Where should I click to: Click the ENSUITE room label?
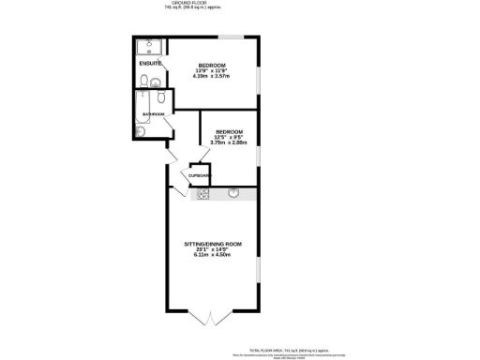[149, 63]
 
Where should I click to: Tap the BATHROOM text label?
[153, 114]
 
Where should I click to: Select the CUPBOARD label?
[200, 175]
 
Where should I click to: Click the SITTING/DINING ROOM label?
[213, 244]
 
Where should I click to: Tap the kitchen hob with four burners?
[202, 194]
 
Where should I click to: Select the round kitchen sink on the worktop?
[234, 194]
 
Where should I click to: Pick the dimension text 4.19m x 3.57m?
[212, 76]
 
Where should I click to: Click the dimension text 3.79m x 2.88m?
[229, 142]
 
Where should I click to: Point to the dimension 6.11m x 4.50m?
[213, 255]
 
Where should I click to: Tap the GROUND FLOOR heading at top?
[177, 5]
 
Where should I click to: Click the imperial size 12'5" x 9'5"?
[229, 136]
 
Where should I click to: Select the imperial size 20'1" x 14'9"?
[213, 249]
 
